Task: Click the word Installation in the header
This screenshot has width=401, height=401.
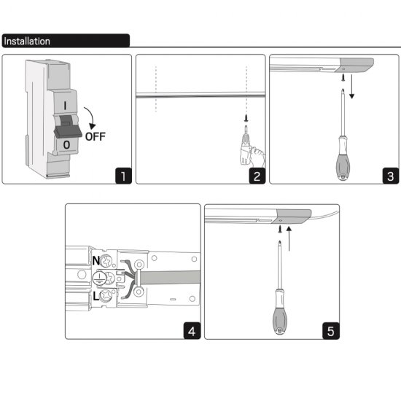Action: [27, 41]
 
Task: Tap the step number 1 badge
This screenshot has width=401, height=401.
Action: [123, 176]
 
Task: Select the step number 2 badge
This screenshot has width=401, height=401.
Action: [257, 176]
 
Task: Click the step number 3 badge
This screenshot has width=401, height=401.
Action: [391, 176]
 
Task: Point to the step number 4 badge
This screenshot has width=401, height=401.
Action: [192, 331]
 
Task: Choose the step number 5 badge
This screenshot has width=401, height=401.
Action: [331, 331]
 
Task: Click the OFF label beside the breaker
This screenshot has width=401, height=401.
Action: [95, 137]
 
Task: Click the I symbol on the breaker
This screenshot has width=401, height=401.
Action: [65, 106]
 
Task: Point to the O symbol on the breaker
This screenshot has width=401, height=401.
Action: [66, 145]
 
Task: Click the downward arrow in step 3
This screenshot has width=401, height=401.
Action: [352, 87]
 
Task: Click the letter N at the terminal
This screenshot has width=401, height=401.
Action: [96, 261]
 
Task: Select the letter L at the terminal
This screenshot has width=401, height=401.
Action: [96, 297]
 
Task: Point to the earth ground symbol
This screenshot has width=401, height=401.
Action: [98, 278]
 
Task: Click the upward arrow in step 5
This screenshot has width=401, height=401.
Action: [289, 238]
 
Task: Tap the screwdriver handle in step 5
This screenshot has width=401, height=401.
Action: [280, 312]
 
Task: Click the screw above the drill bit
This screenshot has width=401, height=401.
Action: [246, 118]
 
